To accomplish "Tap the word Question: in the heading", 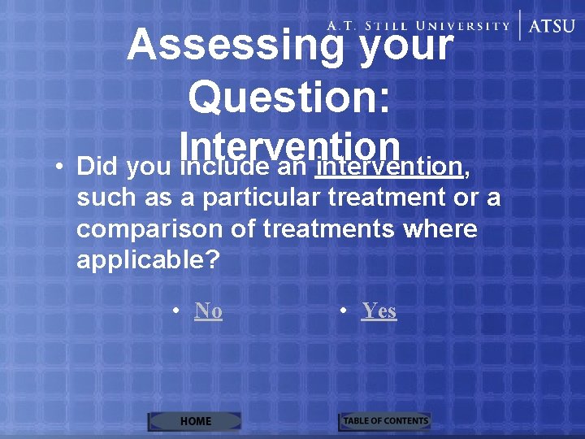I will click(290, 98).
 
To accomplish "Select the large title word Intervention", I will click(291, 146).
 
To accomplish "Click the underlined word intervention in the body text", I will click(389, 167).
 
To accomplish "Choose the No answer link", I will click(209, 311).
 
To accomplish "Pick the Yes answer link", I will click(379, 311).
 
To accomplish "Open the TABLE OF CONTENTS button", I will click(385, 421).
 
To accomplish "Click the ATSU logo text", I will click(552, 25).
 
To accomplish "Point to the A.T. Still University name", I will click(418, 25).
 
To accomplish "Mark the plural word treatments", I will click(329, 229).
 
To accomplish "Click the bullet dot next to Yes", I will click(344, 311).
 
